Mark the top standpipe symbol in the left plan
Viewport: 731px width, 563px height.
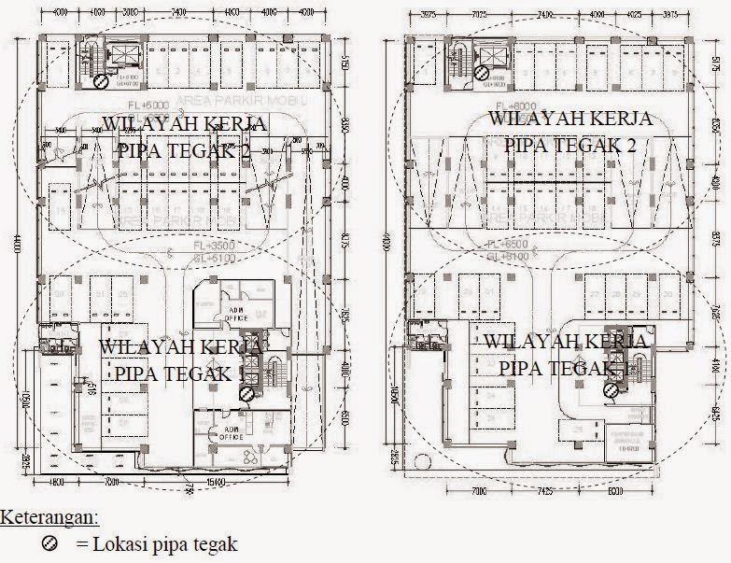tap(100, 80)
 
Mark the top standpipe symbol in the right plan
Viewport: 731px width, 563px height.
tap(480, 71)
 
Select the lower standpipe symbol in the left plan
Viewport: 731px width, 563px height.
tap(245, 394)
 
